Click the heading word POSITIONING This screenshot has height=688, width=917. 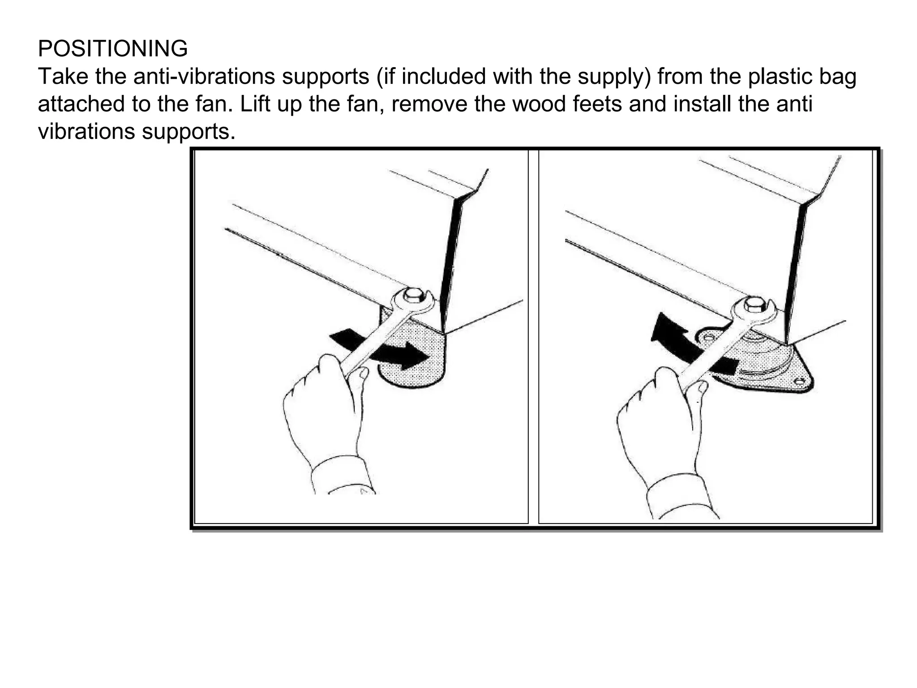click(x=112, y=48)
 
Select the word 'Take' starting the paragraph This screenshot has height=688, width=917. click(x=63, y=76)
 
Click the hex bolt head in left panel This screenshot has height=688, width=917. click(x=412, y=295)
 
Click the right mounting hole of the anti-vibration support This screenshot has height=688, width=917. click(x=800, y=382)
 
